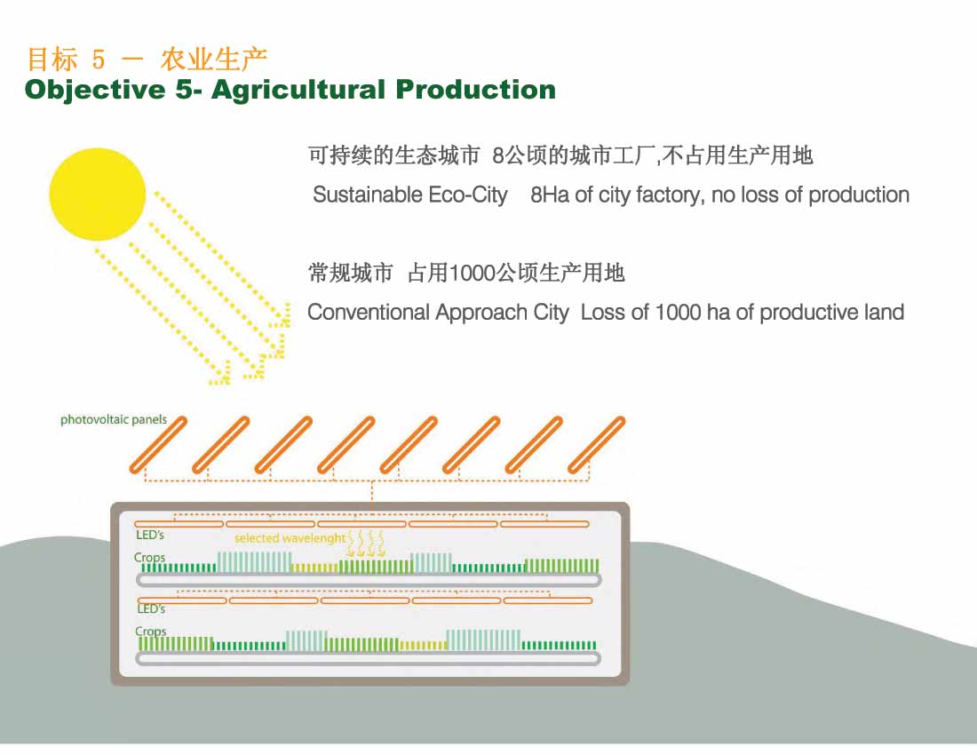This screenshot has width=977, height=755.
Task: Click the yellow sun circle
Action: click(97, 195)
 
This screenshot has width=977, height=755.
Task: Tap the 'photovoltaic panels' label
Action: click(114, 420)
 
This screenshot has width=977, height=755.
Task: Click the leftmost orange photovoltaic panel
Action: click(158, 445)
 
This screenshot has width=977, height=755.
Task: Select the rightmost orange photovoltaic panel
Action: click(596, 445)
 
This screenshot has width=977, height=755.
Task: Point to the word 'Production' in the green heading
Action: click(475, 89)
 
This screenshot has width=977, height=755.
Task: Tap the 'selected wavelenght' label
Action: click(290, 538)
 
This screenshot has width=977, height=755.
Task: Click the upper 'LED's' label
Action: click(149, 535)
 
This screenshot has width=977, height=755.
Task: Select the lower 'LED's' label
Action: click(151, 608)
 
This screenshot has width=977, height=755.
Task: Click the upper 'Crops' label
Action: click(149, 558)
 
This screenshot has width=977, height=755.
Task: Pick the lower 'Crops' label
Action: click(151, 631)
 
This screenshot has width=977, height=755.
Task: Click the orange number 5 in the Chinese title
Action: click(99, 60)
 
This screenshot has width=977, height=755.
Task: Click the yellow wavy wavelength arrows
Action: click(366, 544)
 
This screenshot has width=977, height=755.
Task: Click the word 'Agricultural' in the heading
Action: click(298, 91)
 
